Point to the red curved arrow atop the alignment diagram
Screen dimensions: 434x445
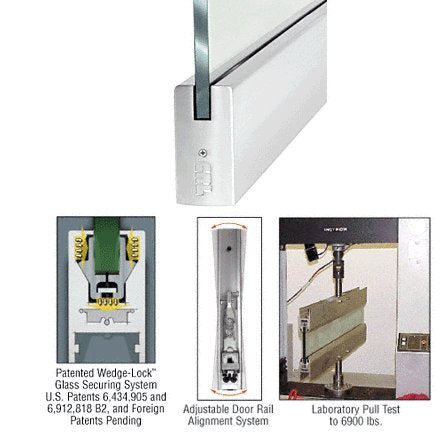(x=229, y=225)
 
